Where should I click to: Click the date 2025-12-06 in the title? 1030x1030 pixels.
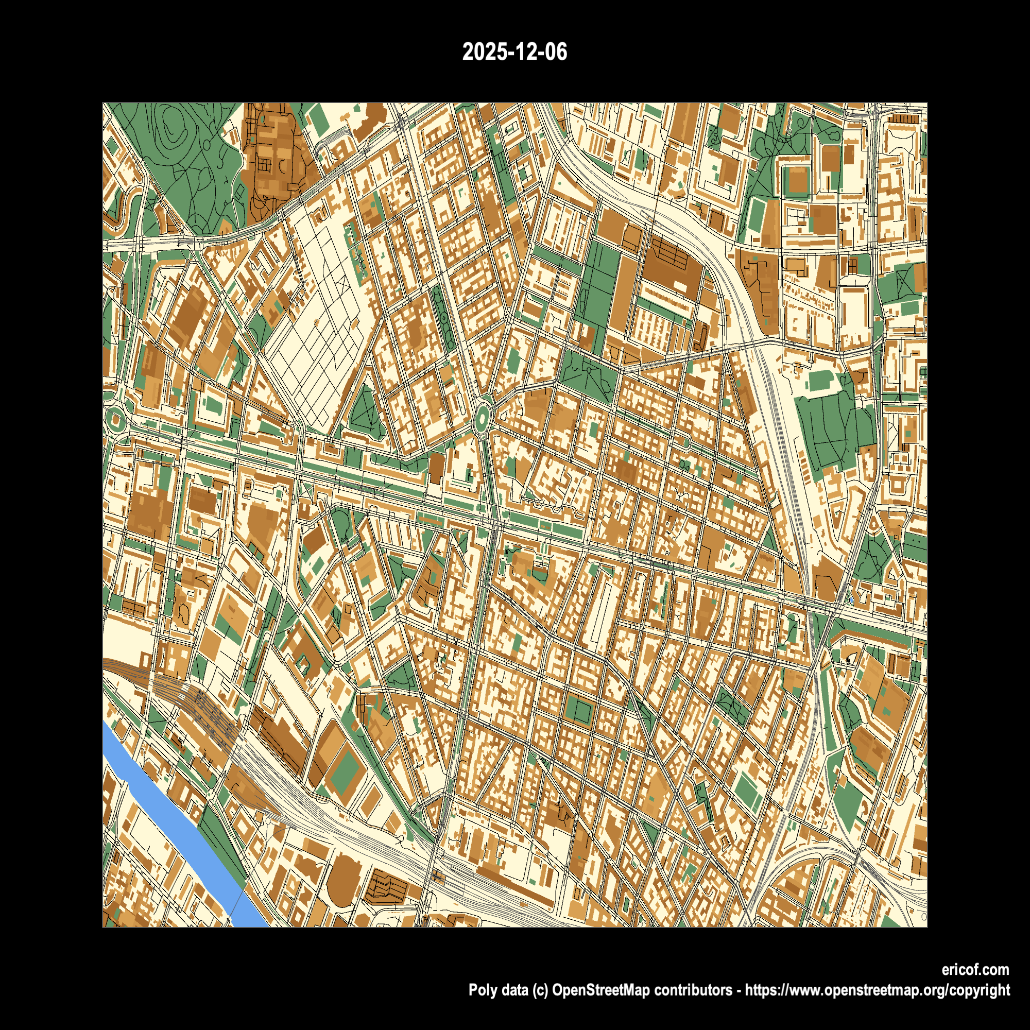point(514,52)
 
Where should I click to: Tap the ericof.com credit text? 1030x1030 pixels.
point(974,969)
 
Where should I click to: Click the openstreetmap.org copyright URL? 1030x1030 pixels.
point(877,990)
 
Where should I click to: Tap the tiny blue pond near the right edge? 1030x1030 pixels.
point(851,601)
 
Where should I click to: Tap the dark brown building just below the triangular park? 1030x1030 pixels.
point(436,468)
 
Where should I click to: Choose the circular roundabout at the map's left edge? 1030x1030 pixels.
point(115,420)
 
